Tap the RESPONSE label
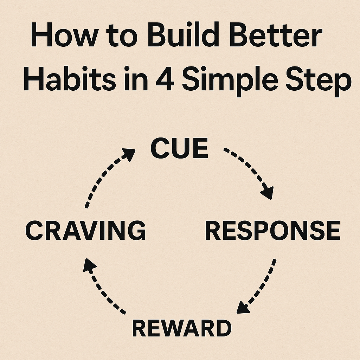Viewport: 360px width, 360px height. (272, 231)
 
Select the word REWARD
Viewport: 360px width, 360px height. (182, 328)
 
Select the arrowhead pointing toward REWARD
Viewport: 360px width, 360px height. (243, 307)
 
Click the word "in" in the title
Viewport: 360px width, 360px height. (130, 80)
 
